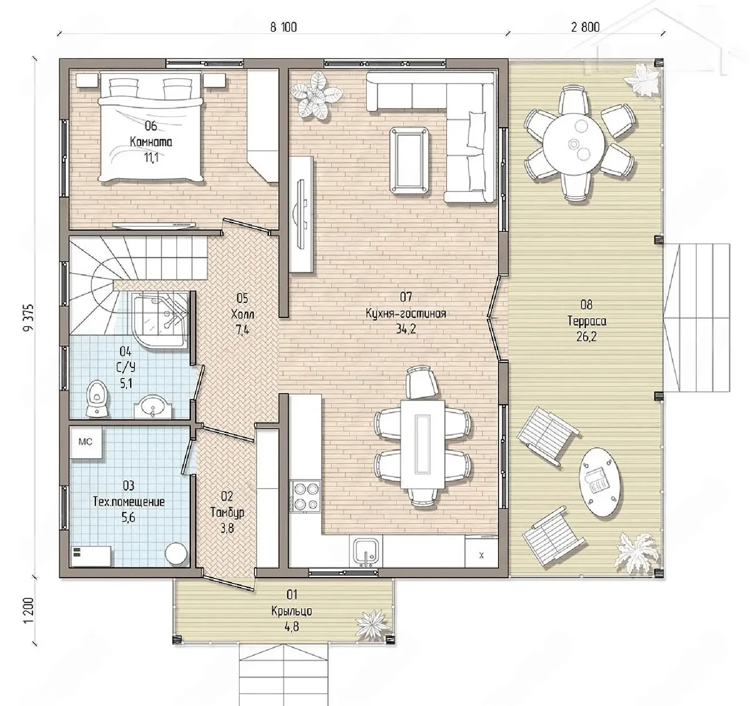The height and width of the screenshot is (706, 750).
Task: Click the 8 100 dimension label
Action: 283,27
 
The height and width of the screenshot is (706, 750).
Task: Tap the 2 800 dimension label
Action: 585,27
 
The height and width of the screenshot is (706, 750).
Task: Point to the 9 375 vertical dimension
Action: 28,318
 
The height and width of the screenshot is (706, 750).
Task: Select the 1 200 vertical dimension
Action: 28,610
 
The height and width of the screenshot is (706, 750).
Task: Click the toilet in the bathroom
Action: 97,398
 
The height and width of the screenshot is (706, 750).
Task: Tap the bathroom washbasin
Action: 153,407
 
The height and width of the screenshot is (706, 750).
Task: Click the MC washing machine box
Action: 86,443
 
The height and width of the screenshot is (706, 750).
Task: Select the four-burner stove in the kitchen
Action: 305,496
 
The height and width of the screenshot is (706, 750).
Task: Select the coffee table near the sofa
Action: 410,161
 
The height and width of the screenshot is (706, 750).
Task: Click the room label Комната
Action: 151,142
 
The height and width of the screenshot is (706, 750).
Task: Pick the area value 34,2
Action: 406,329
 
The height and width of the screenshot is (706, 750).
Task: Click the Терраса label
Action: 587,321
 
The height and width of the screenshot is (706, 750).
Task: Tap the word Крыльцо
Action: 292,611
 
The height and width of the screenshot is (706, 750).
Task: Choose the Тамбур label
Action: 227,513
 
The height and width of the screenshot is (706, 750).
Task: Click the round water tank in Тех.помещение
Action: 176,554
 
